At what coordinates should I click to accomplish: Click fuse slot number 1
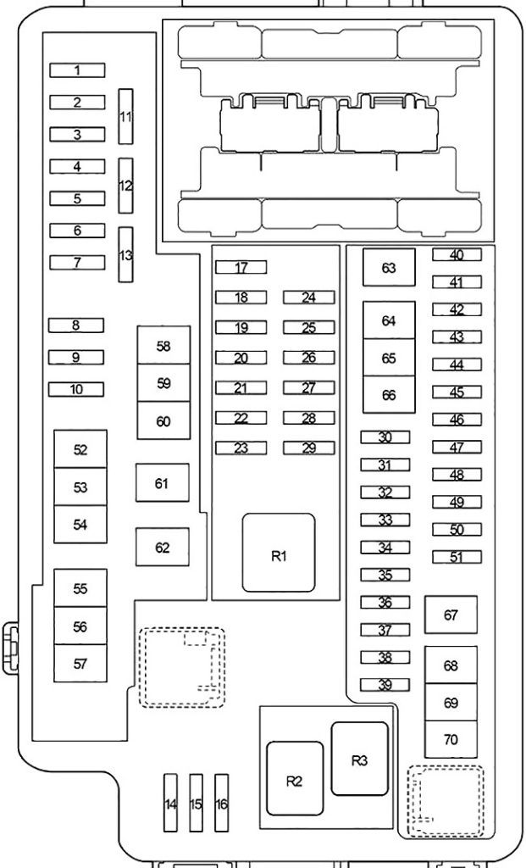tap(77, 70)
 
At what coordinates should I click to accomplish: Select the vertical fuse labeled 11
tap(126, 116)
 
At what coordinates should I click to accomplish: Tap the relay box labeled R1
tap(279, 553)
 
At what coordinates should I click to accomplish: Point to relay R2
tap(295, 778)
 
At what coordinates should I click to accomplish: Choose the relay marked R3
tap(359, 759)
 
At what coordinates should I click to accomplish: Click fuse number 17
tap(241, 267)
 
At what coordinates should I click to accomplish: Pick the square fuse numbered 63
tap(389, 267)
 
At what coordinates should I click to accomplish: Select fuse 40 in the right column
tap(457, 254)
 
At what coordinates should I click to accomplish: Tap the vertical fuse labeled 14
tap(171, 803)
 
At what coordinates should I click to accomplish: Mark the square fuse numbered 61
tap(163, 482)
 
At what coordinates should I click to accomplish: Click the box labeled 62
tap(163, 547)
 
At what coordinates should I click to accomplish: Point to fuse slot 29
tap(309, 448)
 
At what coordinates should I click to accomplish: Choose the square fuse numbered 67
tap(451, 615)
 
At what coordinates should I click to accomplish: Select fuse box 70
tap(451, 739)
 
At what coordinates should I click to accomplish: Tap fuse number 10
tap(76, 389)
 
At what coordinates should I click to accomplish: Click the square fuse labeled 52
tap(80, 449)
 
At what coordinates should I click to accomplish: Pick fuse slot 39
tap(385, 685)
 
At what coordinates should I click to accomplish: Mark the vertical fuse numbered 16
tap(222, 803)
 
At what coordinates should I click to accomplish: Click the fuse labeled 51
tap(457, 557)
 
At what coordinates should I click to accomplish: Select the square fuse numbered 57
tap(80, 663)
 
